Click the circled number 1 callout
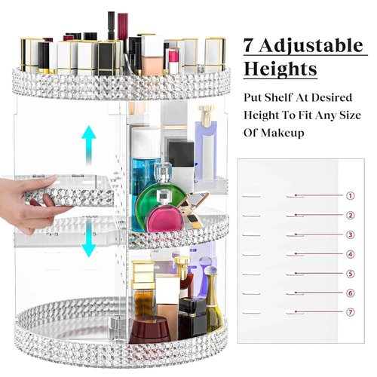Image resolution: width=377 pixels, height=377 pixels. click(350, 195)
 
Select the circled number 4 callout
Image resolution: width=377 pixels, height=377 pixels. click(350, 254)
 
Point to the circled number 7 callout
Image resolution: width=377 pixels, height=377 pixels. click(350, 312)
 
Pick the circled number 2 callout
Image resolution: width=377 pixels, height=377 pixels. click(350, 215)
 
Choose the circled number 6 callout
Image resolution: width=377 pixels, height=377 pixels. click(350, 293)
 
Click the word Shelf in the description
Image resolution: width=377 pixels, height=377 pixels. click(280, 98)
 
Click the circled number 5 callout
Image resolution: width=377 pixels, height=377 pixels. click(350, 274)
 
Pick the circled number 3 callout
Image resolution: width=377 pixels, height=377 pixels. click(350, 234)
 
